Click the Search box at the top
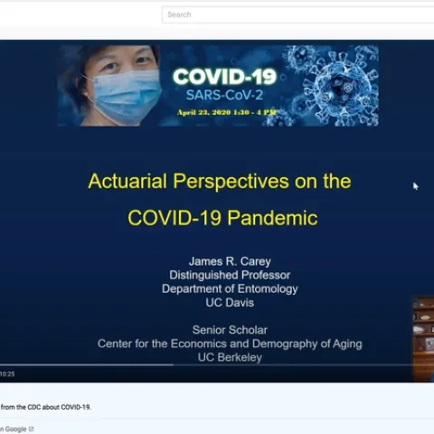pyautogui.click(x=298, y=14)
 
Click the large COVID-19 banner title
pyautogui.click(x=224, y=78)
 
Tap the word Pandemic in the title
pyautogui.click(x=276, y=217)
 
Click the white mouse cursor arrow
pyautogui.click(x=416, y=186)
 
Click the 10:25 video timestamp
pyautogui.click(x=7, y=373)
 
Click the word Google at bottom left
pyautogui.click(x=15, y=429)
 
